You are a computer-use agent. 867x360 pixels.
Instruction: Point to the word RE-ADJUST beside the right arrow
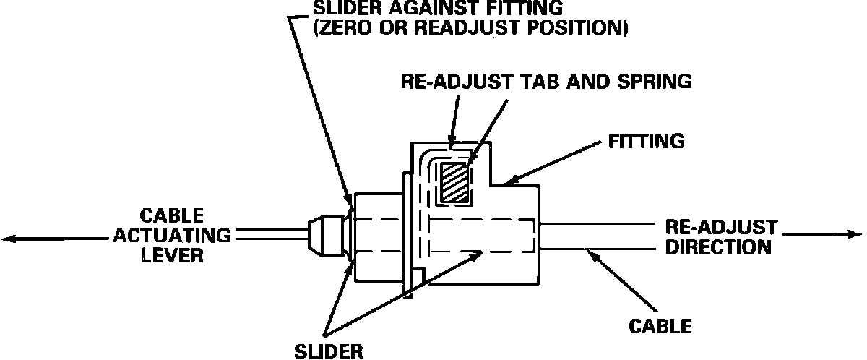tap(720, 228)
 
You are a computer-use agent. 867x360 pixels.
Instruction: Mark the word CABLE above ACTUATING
tap(172, 215)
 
